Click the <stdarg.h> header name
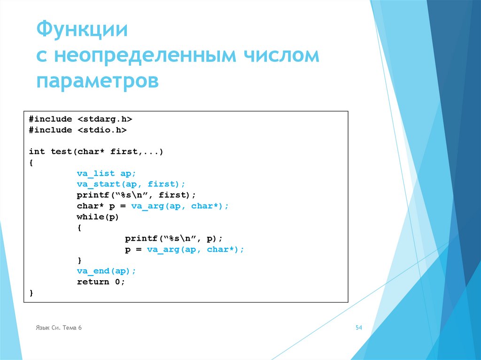pyautogui.click(x=105, y=119)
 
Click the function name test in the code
pyautogui.click(x=61, y=152)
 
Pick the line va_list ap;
pyautogui.click(x=107, y=173)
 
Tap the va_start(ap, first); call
pyautogui.click(x=132, y=184)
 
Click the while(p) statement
pyautogui.click(x=98, y=217)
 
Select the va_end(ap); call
pyautogui.click(x=107, y=271)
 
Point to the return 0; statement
pyautogui.click(x=101, y=282)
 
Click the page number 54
pyautogui.click(x=359, y=328)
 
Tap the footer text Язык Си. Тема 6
pyautogui.click(x=59, y=328)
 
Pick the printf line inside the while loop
pyautogui.click(x=174, y=238)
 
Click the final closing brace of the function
pyautogui.click(x=31, y=293)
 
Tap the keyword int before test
pyautogui.click(x=37, y=152)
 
